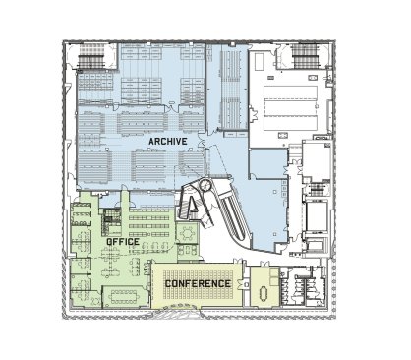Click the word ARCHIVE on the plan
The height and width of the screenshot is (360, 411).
tap(168, 142)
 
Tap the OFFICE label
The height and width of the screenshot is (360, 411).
tap(123, 242)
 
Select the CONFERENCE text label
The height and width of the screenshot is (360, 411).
tap(198, 283)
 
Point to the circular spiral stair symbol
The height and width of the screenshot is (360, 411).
tap(206, 186)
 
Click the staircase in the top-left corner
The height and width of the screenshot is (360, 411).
tap(91, 56)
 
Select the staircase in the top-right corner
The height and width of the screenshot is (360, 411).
tap(306, 56)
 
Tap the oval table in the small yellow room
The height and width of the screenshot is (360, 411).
tap(264, 293)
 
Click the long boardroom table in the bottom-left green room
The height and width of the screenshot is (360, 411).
tap(124, 297)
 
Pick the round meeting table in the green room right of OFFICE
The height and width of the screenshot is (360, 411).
tap(188, 233)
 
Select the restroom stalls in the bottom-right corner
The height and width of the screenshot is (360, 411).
tap(303, 287)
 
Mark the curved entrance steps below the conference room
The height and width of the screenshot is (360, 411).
tap(183, 312)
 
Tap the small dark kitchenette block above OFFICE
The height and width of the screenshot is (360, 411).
tap(107, 222)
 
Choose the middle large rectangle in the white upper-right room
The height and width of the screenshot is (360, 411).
tap(290, 108)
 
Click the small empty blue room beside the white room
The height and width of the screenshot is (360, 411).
tap(268, 163)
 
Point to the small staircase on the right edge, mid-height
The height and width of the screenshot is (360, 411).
tap(317, 190)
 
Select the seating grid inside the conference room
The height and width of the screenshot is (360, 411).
tap(198, 284)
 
